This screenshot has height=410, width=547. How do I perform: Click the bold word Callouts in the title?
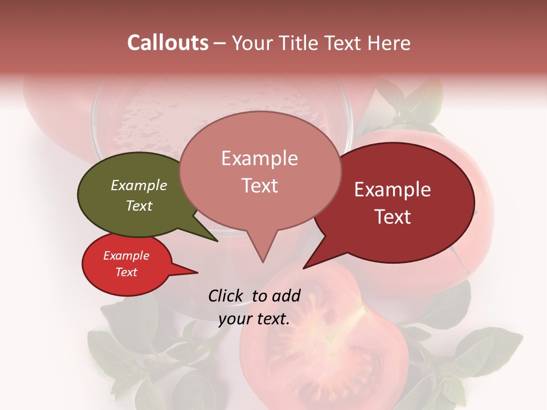(168, 43)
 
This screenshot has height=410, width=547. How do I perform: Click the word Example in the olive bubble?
(139, 185)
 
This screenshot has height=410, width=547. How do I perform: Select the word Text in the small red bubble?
(126, 272)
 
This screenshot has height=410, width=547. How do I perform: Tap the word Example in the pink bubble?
(260, 158)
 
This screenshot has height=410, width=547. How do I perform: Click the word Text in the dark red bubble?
(393, 217)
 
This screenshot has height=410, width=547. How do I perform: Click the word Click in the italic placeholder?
(226, 296)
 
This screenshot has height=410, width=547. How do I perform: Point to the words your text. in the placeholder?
(254, 319)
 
